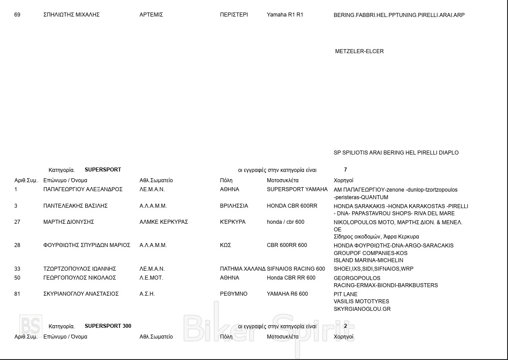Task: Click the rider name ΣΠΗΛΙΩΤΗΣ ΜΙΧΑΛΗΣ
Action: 71,15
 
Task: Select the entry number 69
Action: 17,15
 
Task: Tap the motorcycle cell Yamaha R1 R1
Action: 285,15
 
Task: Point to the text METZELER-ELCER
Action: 359,51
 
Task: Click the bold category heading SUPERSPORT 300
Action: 108,326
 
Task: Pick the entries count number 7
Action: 346,170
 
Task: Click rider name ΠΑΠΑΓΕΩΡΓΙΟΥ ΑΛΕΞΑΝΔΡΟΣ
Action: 83,189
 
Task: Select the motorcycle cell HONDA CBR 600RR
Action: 292,206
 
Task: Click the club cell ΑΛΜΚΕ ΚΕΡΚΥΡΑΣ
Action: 163,222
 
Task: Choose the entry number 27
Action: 17,222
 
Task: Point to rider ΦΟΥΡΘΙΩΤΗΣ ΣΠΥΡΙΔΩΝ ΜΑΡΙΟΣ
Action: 87,245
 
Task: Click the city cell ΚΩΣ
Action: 225,245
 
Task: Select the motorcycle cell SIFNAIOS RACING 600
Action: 296,269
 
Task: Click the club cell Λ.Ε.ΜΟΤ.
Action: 151,278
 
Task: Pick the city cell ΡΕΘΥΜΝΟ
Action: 233,294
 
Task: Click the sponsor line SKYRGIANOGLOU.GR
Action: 362,309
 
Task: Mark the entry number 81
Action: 17,294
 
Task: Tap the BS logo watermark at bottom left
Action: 30,326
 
